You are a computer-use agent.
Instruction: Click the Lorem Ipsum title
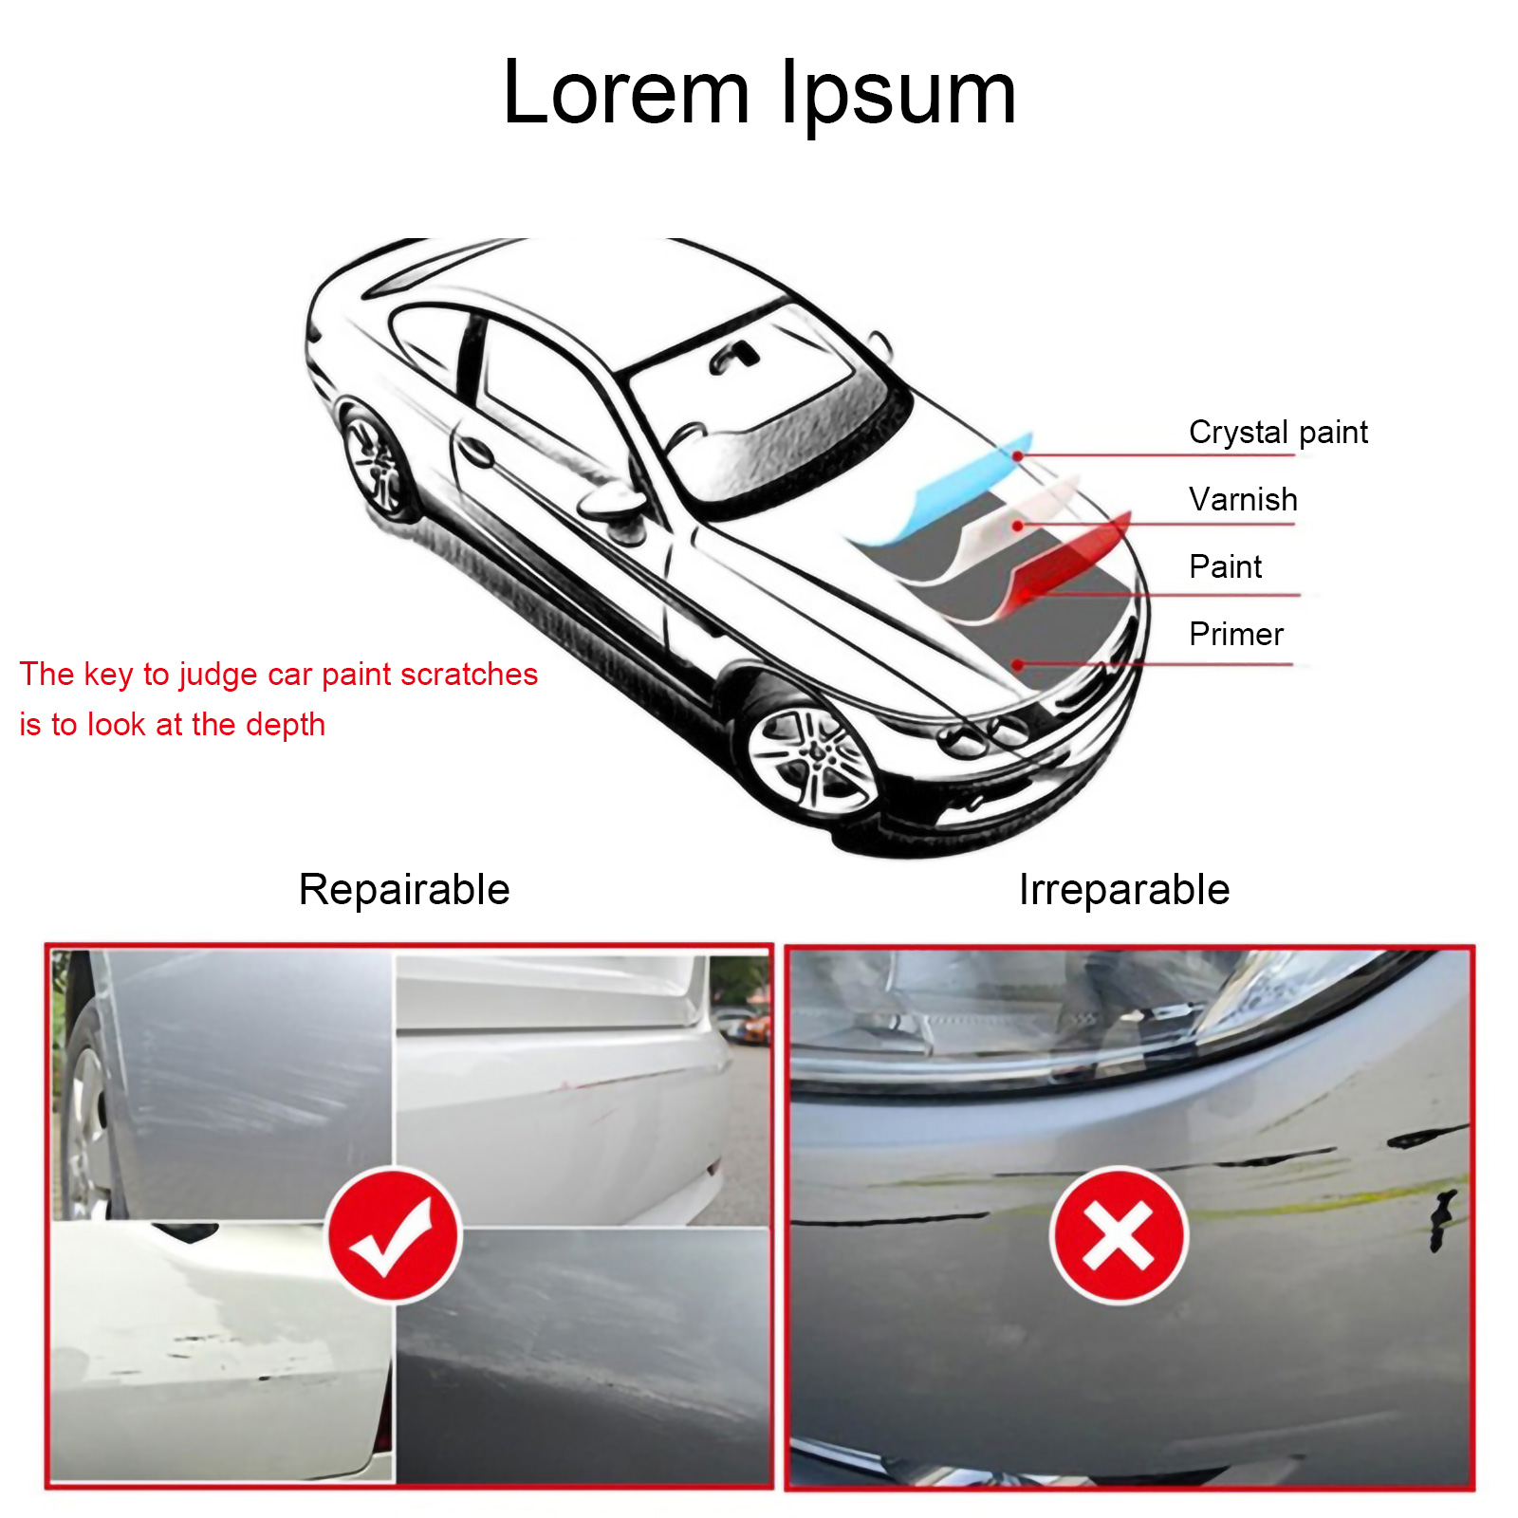[x=759, y=93]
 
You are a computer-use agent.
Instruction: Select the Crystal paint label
[x=1278, y=433]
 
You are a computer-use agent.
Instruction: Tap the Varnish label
[x=1243, y=499]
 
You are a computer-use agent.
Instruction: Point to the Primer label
[x=1236, y=634]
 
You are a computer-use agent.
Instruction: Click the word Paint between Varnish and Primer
[x=1225, y=566]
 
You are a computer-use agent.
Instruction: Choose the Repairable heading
[x=404, y=890]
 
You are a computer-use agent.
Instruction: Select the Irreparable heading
[x=1124, y=890]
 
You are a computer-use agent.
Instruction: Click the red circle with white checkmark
[x=393, y=1234]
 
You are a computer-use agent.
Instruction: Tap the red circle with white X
[x=1119, y=1235]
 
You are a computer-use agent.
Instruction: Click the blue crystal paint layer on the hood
[x=949, y=493]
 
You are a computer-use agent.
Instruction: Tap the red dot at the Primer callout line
[x=1018, y=665]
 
